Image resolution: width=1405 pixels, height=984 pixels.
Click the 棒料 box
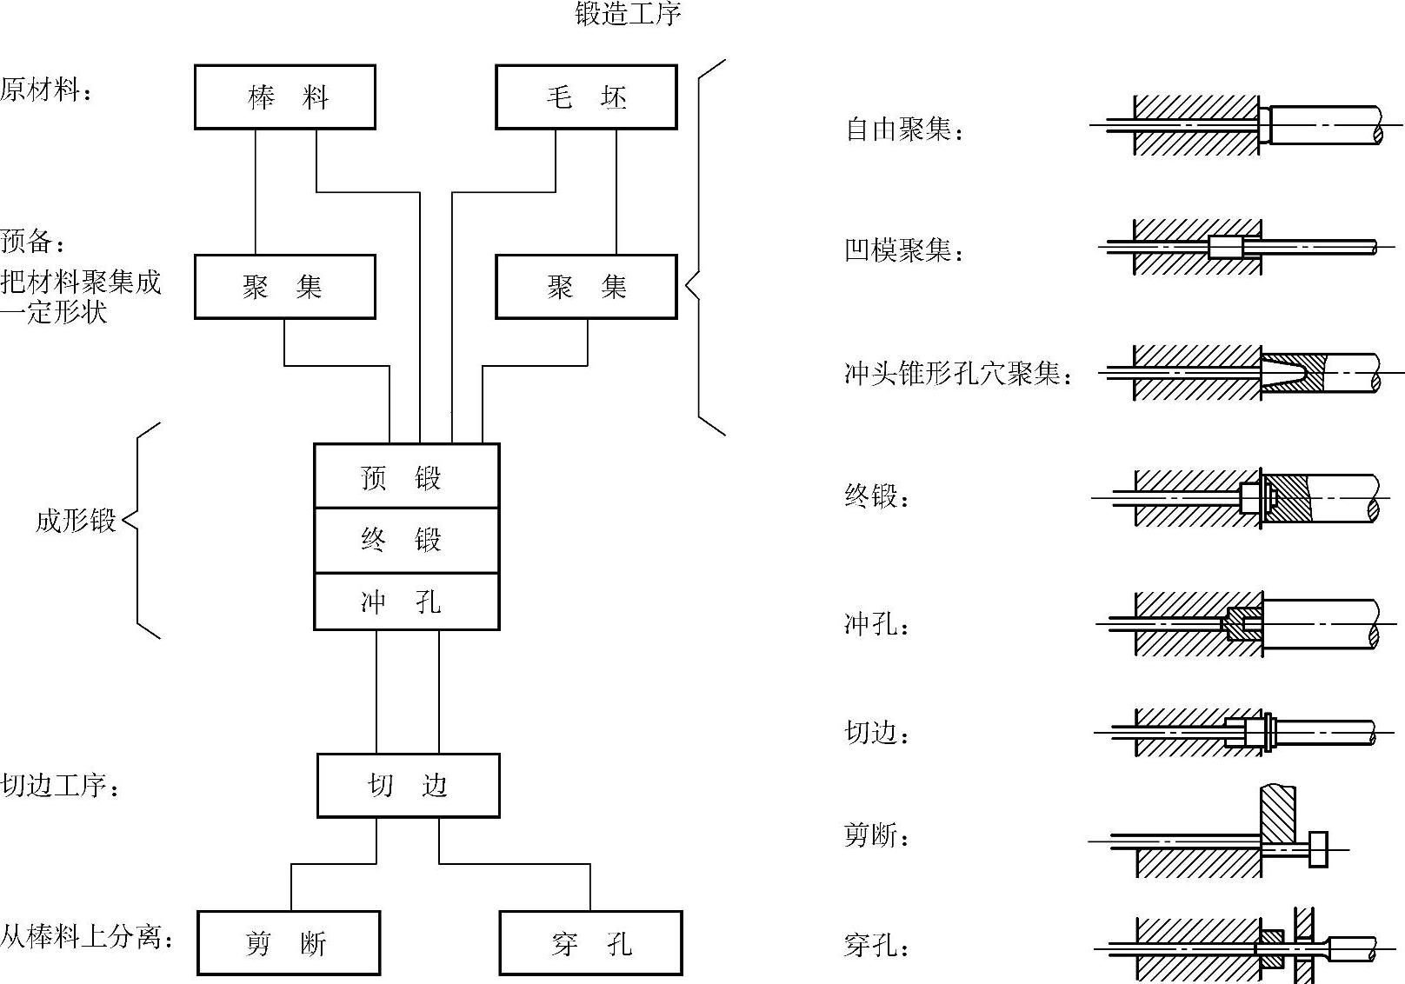point(285,97)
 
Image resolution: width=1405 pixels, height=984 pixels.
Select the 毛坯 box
point(586,97)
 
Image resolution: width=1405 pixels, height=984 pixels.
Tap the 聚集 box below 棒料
point(285,287)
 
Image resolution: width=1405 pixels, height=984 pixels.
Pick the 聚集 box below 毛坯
point(586,287)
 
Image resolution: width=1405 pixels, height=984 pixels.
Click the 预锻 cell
point(406,476)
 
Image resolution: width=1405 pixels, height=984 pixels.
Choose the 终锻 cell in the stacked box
point(406,540)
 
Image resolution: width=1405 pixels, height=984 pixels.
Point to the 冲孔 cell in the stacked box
point(406,602)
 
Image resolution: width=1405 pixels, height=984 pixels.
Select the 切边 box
point(408,786)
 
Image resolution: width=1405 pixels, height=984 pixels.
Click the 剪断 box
point(289,943)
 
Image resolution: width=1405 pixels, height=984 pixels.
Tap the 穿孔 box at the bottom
point(590,943)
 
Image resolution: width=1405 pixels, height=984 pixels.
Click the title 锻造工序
point(628,14)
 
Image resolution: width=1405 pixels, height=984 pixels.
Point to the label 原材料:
point(46,90)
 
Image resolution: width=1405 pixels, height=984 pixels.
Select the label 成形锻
point(76,521)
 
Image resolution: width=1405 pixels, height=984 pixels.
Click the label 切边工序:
point(60,786)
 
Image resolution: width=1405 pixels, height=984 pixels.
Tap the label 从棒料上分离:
point(87,937)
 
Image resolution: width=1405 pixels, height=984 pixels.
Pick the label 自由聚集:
point(904,130)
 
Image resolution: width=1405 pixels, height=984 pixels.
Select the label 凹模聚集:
point(904,251)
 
